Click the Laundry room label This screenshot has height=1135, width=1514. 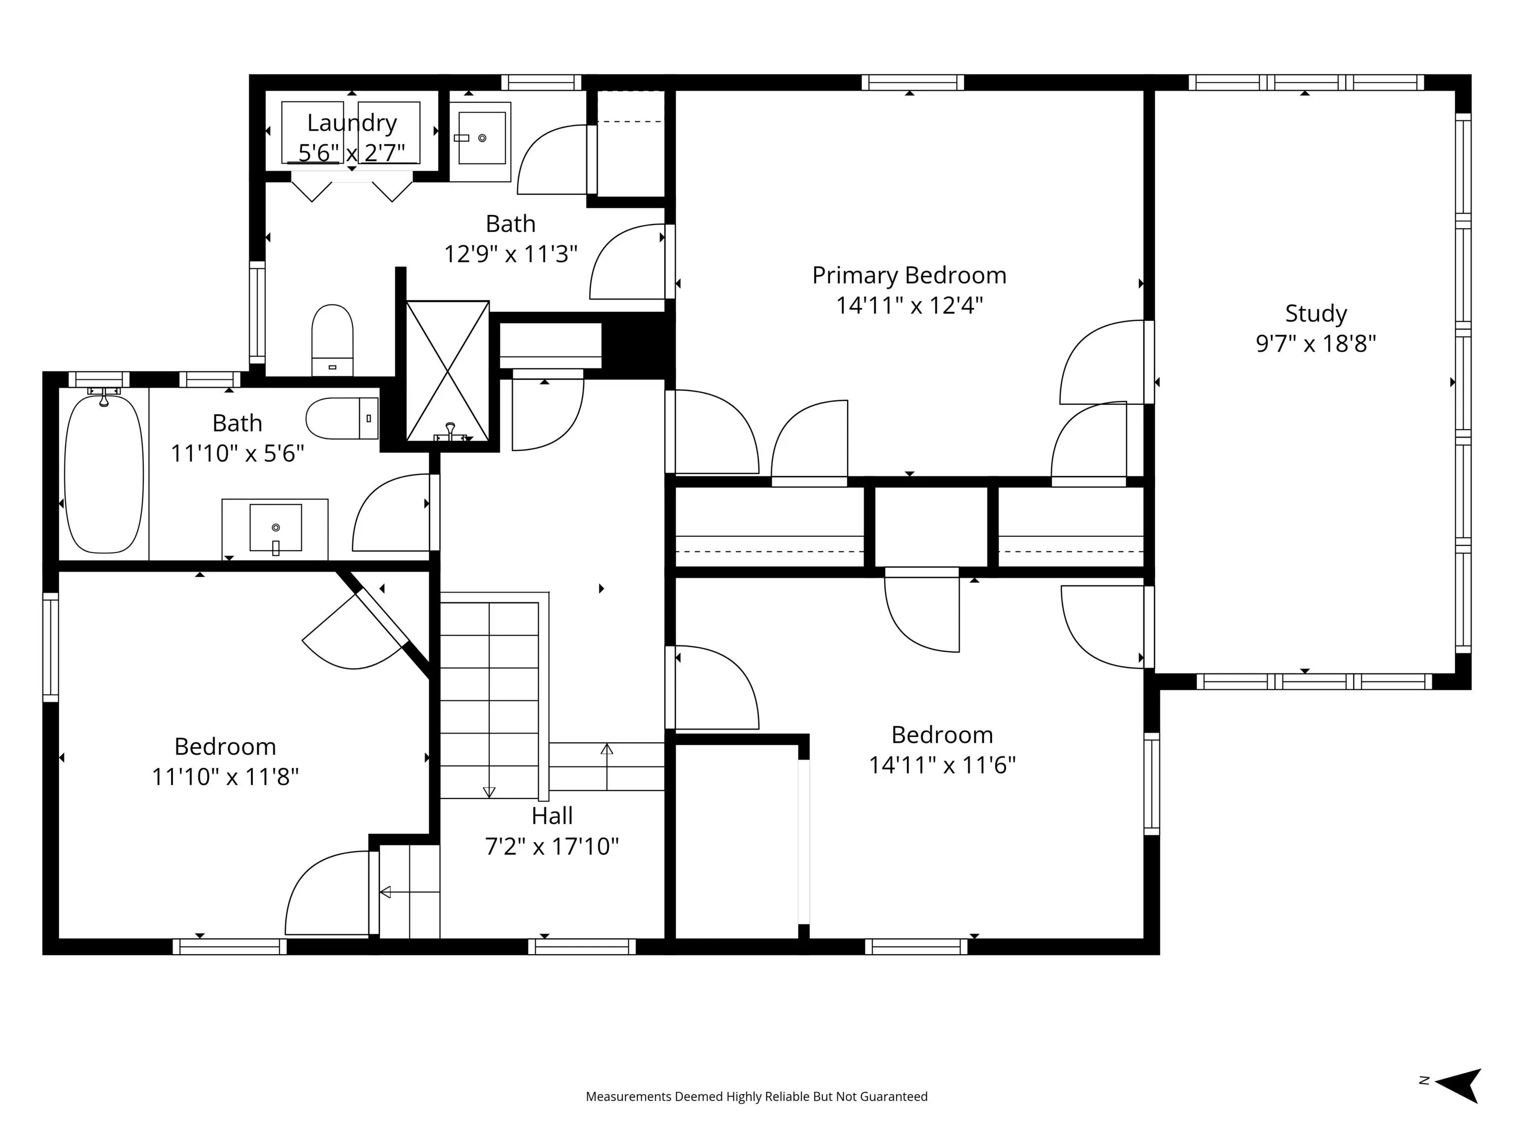coord(352,123)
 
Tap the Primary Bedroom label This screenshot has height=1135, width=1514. coord(909,276)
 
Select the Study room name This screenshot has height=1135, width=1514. coord(1315,314)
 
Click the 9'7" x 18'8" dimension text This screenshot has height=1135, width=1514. coord(1315,343)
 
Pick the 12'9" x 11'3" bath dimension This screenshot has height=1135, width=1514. coord(511,255)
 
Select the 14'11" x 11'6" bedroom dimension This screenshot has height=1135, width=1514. coord(942,765)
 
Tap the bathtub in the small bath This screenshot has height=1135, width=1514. coord(104,473)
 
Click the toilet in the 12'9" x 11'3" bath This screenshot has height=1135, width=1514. coord(332,340)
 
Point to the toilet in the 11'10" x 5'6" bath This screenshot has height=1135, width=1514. coord(342,418)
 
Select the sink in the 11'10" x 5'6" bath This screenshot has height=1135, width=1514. coord(275,528)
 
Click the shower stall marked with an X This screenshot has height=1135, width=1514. coord(447,371)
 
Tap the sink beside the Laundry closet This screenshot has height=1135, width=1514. coord(480,141)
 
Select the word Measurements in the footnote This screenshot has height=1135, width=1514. coord(628,1097)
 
